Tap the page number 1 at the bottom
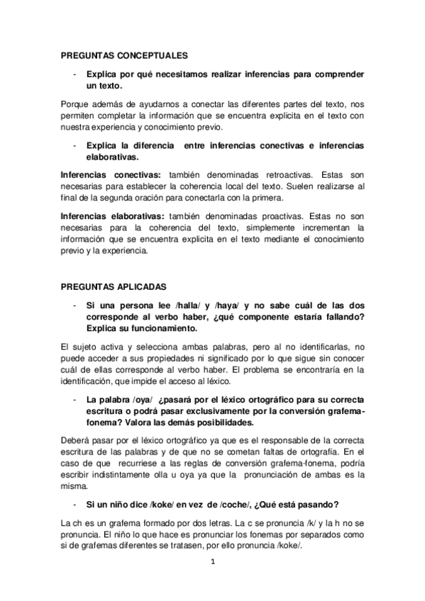(212, 563)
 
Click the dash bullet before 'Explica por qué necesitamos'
(74, 73)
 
